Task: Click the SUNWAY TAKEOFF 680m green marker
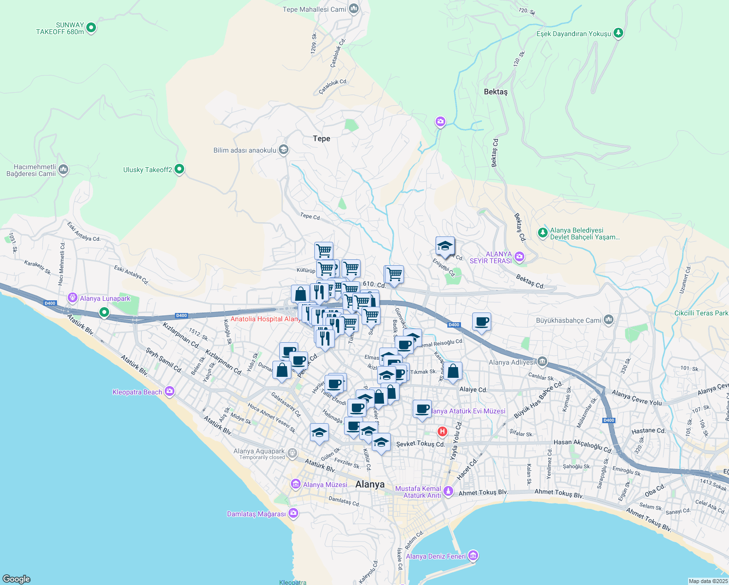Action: tap(91, 28)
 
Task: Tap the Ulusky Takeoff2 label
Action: tap(148, 170)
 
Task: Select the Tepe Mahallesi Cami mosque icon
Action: tap(354, 8)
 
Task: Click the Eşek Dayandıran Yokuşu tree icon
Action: tap(618, 33)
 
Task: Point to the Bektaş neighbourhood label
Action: tap(496, 92)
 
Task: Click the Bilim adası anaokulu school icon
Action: tap(283, 150)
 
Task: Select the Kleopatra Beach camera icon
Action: tap(169, 391)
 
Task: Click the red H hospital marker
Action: tap(442, 431)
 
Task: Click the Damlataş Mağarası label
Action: tap(256, 514)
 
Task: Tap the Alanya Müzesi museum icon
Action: tap(295, 484)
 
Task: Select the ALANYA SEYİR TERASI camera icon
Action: tap(519, 256)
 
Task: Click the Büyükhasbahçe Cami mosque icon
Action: tap(608, 320)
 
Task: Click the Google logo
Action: tap(16, 579)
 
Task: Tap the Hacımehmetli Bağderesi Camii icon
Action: tap(63, 170)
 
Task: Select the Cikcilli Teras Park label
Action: tap(701, 313)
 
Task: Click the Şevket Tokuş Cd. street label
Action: tap(421, 444)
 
